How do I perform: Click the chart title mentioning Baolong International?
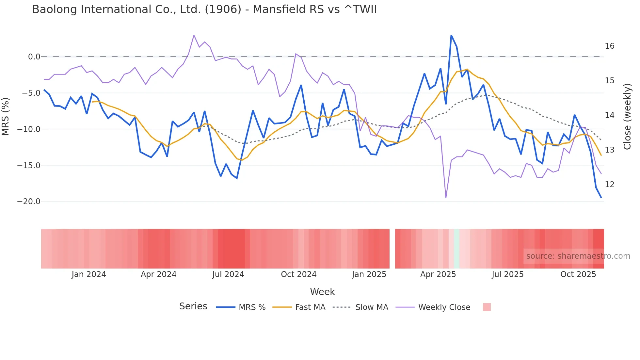(x=204, y=9)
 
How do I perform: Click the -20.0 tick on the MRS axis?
(x=29, y=202)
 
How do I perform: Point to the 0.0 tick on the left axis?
(x=34, y=57)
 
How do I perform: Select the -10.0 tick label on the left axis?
(x=29, y=129)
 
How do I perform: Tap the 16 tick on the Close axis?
(x=609, y=46)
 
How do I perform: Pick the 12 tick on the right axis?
(x=609, y=185)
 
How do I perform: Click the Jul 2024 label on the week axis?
(x=228, y=274)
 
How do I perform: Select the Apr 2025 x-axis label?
(x=438, y=274)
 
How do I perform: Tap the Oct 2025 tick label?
(x=578, y=274)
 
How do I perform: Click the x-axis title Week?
(x=322, y=292)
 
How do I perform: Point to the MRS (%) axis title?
(x=6, y=116)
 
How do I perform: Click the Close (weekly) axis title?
(x=627, y=116)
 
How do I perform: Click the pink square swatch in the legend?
(x=487, y=307)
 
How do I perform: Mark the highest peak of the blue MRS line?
(x=451, y=36)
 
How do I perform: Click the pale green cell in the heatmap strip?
(x=456, y=249)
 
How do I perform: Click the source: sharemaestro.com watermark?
(x=578, y=256)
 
